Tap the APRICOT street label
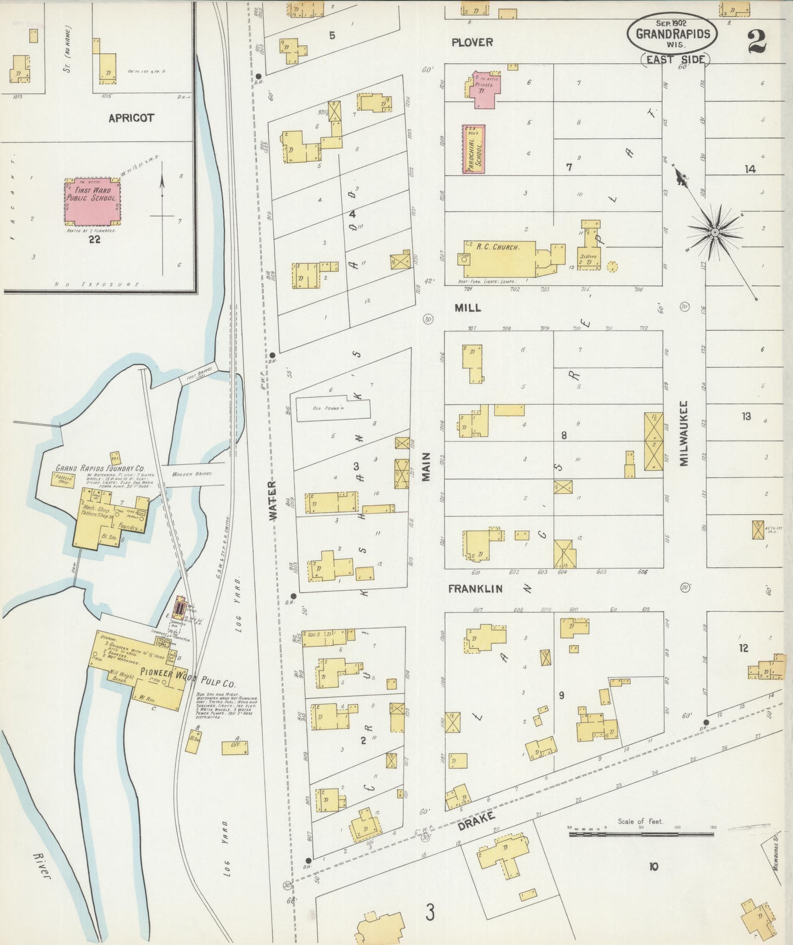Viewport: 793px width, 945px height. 131,118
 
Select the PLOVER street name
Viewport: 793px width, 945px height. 472,42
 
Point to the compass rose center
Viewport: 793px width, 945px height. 715,233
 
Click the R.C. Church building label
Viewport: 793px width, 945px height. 497,247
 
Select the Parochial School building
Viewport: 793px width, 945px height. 473,149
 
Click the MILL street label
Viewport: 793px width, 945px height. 468,308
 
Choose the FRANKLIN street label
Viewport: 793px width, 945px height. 475,588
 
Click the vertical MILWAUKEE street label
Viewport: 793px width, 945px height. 684,433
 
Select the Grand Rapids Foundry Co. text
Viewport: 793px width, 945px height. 100,469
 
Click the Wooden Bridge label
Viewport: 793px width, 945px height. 192,474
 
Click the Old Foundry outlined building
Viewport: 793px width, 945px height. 333,409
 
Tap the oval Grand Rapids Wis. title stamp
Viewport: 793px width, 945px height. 672,33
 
